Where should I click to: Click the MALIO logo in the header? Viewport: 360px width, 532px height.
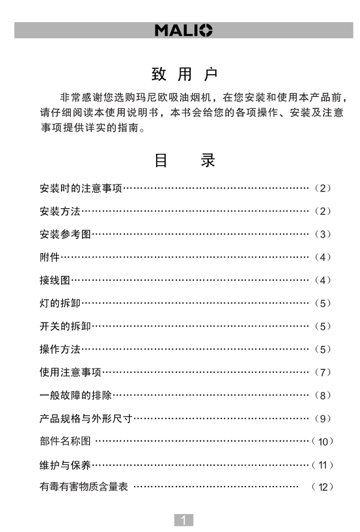click(x=183, y=31)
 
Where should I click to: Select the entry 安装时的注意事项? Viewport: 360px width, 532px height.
click(x=81, y=189)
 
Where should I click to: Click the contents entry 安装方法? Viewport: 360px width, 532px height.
click(x=60, y=211)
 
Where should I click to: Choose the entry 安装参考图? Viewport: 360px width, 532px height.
click(x=65, y=235)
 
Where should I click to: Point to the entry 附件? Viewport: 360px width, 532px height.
click(x=50, y=257)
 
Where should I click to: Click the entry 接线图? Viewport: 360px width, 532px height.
click(x=55, y=280)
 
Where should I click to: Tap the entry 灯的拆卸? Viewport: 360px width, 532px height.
click(x=60, y=303)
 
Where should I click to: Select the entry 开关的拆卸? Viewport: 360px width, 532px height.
click(x=65, y=326)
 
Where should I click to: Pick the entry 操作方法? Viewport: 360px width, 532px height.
click(x=60, y=349)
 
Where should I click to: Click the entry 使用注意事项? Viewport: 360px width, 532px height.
click(x=70, y=372)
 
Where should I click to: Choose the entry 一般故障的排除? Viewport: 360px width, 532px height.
click(x=75, y=395)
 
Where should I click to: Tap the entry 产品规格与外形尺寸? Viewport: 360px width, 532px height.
click(x=86, y=418)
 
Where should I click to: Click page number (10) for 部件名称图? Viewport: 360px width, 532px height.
click(x=323, y=442)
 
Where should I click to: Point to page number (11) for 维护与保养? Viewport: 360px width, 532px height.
click(x=323, y=465)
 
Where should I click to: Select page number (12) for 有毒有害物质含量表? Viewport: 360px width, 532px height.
click(x=323, y=487)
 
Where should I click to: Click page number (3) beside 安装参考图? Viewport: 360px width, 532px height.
click(x=322, y=235)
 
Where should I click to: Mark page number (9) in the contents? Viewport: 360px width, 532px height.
click(x=322, y=418)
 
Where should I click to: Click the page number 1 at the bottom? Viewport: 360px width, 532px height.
click(x=184, y=520)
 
